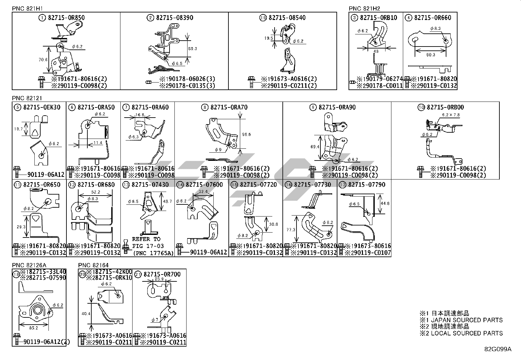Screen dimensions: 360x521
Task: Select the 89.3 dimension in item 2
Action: pos(193,48)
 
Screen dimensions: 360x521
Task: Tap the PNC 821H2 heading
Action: pos(364,9)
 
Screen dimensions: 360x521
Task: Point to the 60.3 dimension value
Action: pos(431,55)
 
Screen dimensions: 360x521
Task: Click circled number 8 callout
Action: pos(205,107)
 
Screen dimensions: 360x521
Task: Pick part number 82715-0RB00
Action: pos(445,107)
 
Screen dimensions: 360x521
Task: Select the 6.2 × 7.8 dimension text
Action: pos(451,115)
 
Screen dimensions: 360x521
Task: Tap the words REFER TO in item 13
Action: pos(146,239)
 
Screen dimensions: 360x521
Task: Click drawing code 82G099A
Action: pos(497,349)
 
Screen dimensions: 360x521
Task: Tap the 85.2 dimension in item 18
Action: pos(33,327)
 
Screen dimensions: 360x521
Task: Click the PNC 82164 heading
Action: pos(93,265)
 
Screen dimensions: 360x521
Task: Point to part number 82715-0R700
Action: pos(163,274)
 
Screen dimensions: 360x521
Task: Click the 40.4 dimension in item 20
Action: pos(86,313)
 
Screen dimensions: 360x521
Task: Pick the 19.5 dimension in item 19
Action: pos(269,38)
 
